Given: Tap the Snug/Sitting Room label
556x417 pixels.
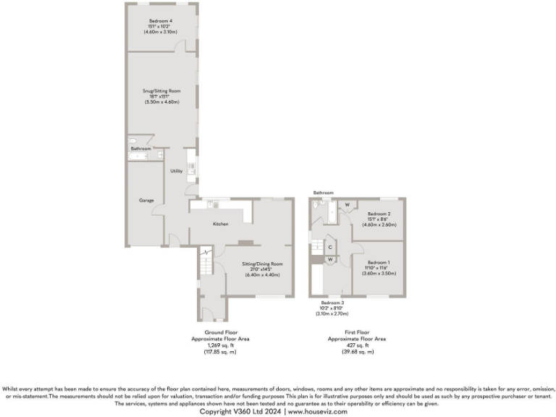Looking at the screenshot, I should pyautogui.click(x=161, y=91).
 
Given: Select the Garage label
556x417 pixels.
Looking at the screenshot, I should pyautogui.click(x=146, y=200).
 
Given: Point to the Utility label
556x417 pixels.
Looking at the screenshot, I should pyautogui.click(x=176, y=172).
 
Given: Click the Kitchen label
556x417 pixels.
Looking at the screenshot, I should pyautogui.click(x=221, y=224).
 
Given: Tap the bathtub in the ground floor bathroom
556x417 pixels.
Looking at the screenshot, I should pyautogui.click(x=138, y=156).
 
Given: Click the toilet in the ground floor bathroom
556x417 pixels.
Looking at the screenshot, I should pyautogui.click(x=132, y=142).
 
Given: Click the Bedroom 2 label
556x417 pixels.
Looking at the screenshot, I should pyautogui.click(x=379, y=214).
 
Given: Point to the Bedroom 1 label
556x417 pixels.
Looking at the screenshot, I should pyautogui.click(x=379, y=262).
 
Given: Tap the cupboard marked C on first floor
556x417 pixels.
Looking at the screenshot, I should pyautogui.click(x=330, y=247).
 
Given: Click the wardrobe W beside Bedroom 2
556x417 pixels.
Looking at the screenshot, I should pyautogui.click(x=347, y=205).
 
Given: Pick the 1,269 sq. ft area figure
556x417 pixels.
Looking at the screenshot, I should pyautogui.click(x=213, y=345).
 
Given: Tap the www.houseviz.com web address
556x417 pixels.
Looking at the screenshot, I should pyautogui.click(x=317, y=411).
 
